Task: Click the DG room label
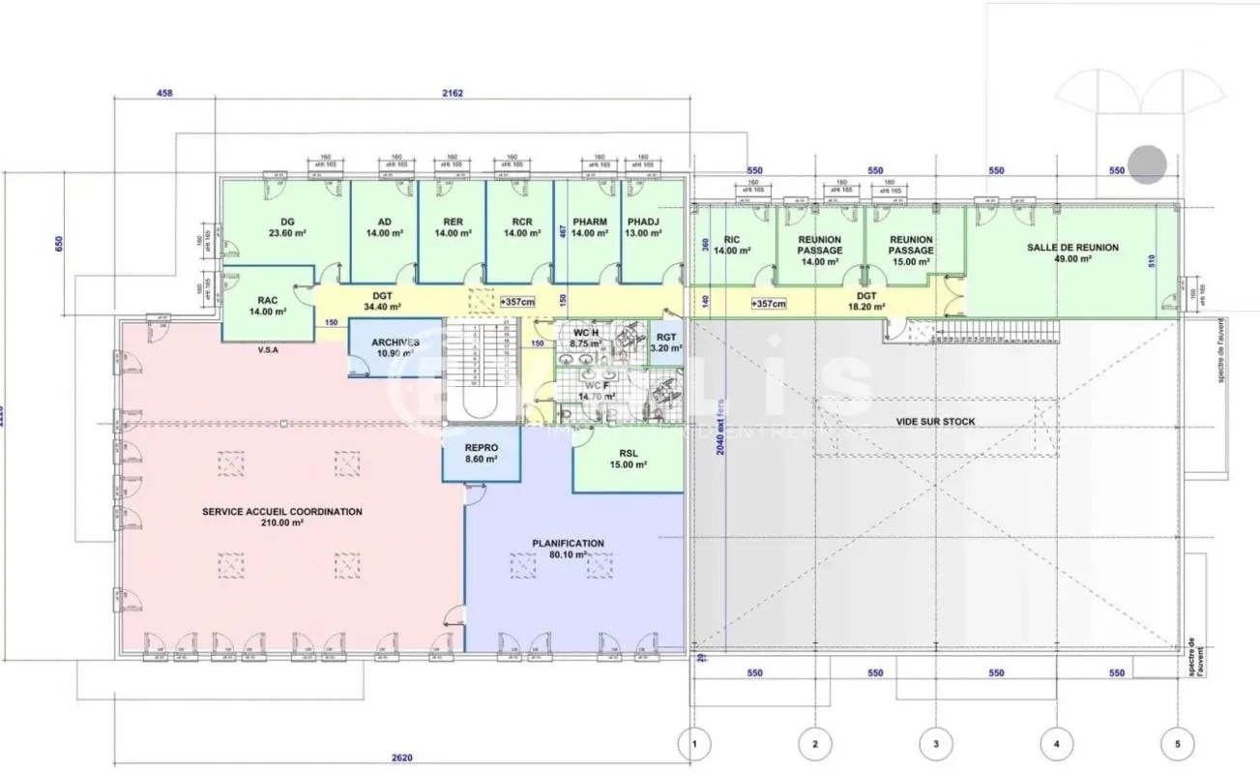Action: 286,222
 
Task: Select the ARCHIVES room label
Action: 396,342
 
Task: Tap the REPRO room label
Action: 481,448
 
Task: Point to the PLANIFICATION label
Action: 568,544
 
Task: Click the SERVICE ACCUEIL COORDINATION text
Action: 281,512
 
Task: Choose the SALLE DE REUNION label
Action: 1072,248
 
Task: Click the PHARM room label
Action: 589,222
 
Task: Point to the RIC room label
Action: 731,240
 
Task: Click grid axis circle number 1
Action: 693,744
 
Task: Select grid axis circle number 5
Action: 1177,744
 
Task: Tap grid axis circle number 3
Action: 935,744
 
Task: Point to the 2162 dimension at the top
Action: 452,94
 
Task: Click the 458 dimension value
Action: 164,94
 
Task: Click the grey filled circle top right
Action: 1149,164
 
